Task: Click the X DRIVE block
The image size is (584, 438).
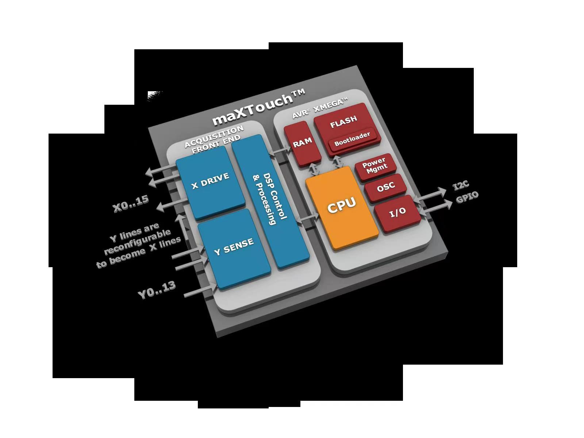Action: click(210, 180)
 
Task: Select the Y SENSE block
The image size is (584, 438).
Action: click(234, 247)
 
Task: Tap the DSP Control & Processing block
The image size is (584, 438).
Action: click(270, 199)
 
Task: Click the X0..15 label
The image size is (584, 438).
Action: click(131, 204)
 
